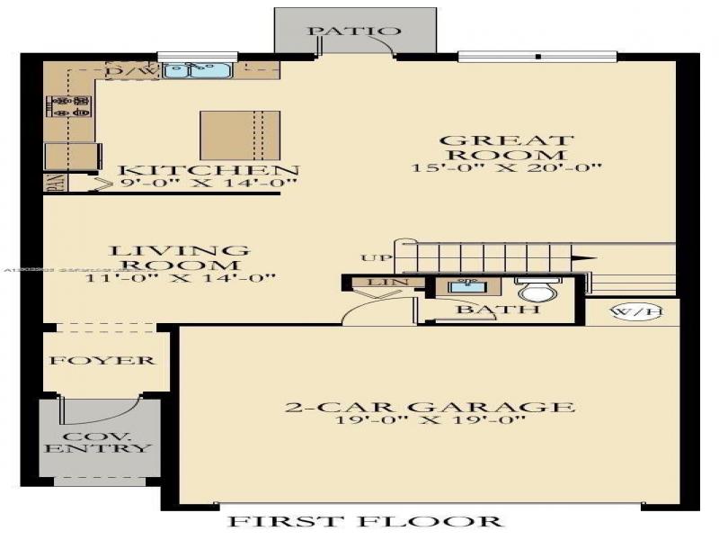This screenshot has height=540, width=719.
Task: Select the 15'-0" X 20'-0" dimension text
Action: coord(506,167)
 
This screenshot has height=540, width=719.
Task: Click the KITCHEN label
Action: coord(209,171)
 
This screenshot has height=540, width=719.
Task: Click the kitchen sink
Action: coord(200,68)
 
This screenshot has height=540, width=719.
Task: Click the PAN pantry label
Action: coord(51,184)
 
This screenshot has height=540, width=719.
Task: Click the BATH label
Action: coord(485,310)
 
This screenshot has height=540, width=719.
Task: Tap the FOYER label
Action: coord(102,361)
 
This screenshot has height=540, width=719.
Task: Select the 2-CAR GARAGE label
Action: coord(430,407)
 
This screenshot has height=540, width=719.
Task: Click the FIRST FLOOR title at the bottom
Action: coord(364,520)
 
